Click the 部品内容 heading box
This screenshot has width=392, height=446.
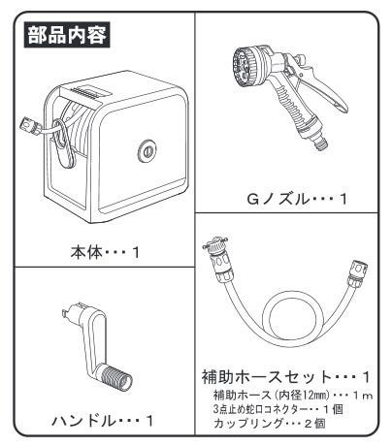click(67, 35)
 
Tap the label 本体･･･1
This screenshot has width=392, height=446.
click(105, 252)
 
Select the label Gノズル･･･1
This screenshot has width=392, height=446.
click(297, 199)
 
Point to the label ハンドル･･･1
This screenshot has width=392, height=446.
click(102, 421)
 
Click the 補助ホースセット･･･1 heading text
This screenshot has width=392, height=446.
click(286, 376)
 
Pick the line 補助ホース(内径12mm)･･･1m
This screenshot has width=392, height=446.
click(293, 395)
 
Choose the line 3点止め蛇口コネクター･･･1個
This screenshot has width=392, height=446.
click(278, 409)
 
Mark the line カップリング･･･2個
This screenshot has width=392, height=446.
click(269, 423)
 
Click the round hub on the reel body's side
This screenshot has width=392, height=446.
click(147, 151)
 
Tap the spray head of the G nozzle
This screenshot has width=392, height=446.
click(245, 67)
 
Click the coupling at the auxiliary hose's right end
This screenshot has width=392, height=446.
click(356, 273)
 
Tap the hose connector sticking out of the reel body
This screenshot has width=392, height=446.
click(30, 126)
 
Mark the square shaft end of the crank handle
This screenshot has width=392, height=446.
click(72, 312)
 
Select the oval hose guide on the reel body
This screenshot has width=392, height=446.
click(62, 143)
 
